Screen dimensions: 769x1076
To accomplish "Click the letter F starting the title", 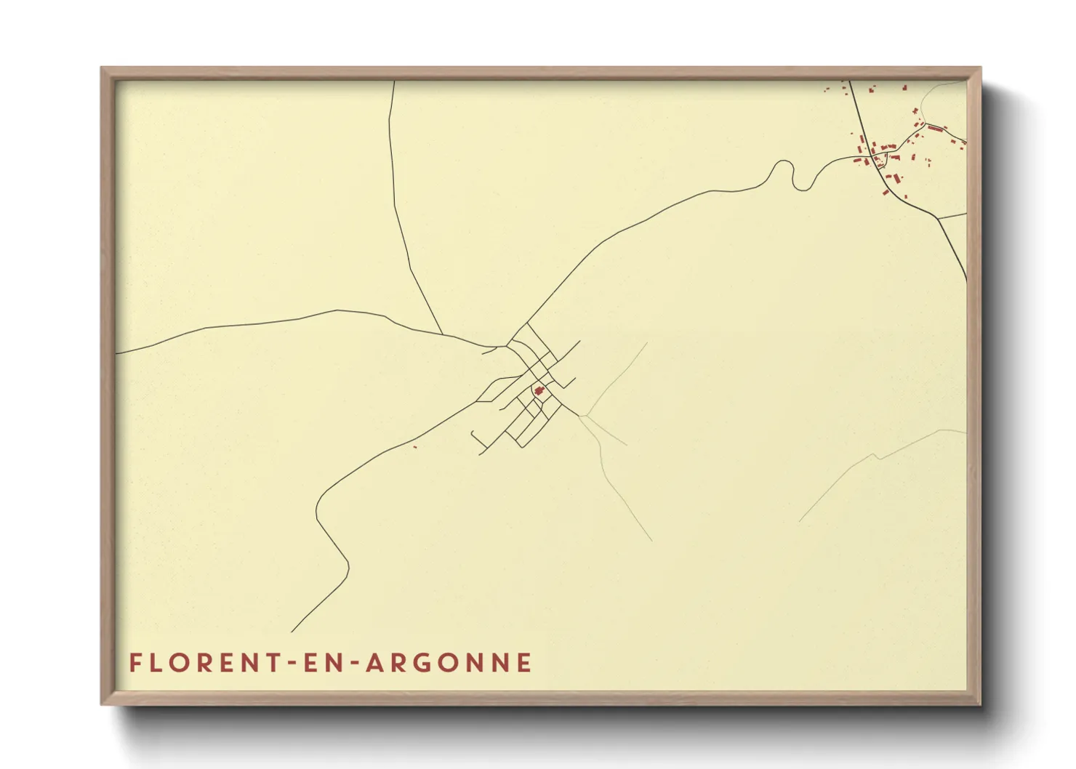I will coord(135,663).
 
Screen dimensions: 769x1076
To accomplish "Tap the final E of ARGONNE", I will coord(523,663).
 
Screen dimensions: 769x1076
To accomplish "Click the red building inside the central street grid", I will coord(539,390).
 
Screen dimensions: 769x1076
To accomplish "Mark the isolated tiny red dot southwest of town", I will coord(414,446).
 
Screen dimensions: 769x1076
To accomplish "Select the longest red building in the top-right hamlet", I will coord(935,129).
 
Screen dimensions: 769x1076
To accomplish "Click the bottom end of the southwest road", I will coord(292,631).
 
